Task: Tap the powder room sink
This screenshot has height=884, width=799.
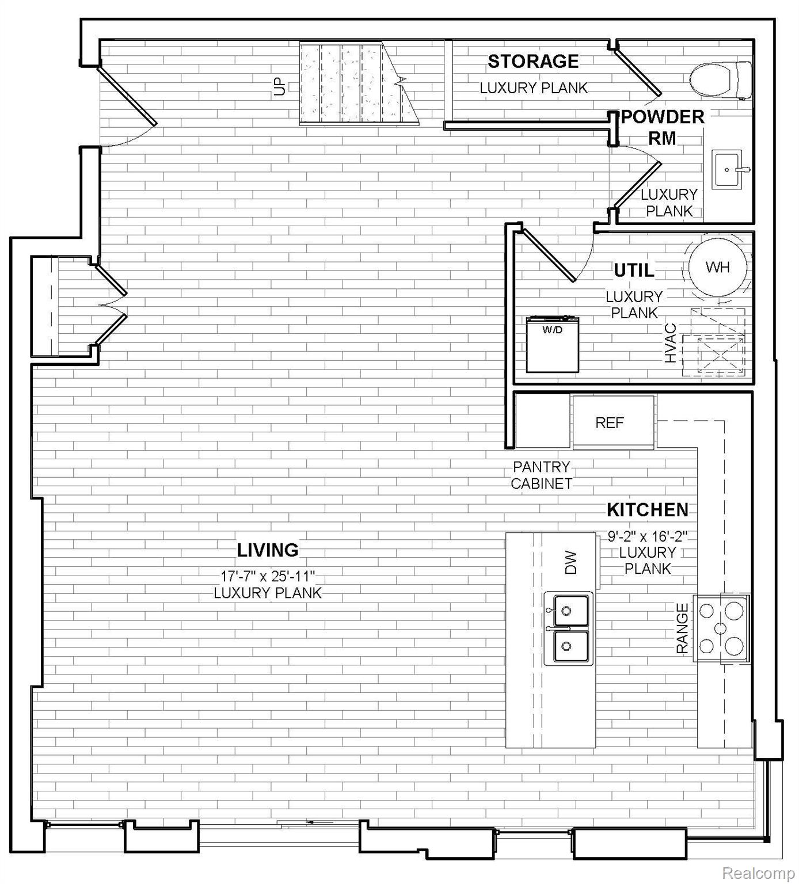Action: tap(728, 169)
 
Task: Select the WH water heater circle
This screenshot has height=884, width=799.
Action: tap(718, 267)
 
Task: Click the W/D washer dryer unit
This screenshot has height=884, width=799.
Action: tap(553, 344)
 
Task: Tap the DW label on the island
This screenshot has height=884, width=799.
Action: tap(570, 562)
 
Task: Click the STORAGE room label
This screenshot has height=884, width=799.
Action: tap(533, 61)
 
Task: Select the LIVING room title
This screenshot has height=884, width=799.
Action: tap(268, 550)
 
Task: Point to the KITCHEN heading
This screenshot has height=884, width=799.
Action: tap(648, 510)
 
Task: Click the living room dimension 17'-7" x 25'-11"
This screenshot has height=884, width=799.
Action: tap(268, 576)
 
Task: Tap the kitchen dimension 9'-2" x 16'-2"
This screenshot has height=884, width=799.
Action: tap(648, 537)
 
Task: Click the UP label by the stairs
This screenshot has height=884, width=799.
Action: tap(280, 86)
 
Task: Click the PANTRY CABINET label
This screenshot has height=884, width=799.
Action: tap(542, 475)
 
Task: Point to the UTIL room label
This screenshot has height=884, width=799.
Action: tap(634, 270)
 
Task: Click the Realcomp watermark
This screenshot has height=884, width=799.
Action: tap(758, 874)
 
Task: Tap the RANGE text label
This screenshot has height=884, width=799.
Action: tap(682, 628)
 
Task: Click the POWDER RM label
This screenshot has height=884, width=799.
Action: tap(663, 127)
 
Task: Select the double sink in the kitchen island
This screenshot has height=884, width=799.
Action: tap(568, 629)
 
